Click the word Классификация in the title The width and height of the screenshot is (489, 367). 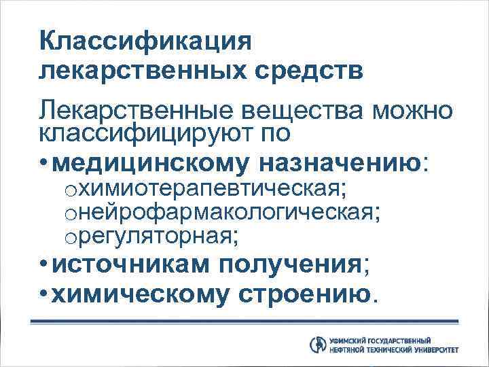click(x=145, y=41)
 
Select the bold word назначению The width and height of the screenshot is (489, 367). click(x=340, y=163)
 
